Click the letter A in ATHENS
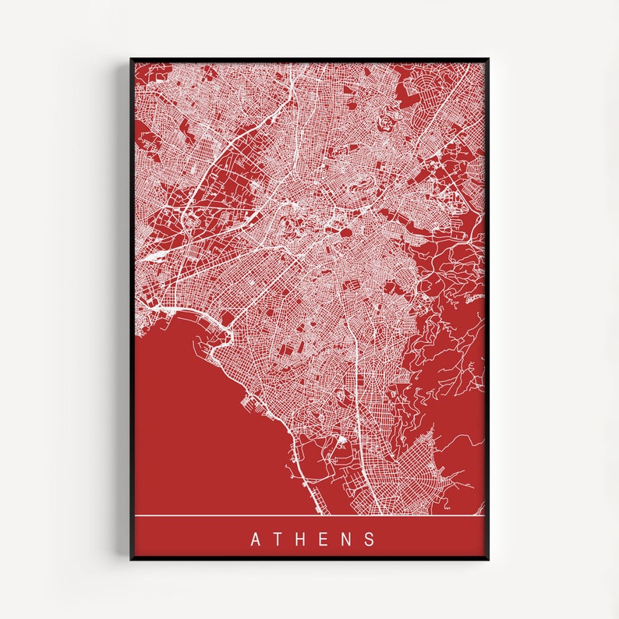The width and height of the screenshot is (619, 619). point(255,539)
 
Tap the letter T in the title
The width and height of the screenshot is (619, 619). point(279,539)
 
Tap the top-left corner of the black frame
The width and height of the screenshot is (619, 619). point(131,58)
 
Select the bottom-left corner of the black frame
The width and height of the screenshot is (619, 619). point(131,558)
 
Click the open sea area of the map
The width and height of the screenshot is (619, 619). point(195,421)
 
